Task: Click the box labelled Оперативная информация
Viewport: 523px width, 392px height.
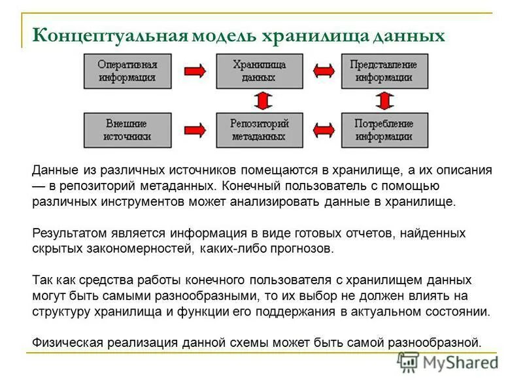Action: point(126,71)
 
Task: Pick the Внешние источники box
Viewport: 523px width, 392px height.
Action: point(126,129)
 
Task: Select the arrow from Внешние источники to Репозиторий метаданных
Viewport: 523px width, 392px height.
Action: point(195,129)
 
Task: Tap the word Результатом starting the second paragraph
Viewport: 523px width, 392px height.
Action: point(65,233)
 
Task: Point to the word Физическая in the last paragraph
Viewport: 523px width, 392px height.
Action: point(63,342)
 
